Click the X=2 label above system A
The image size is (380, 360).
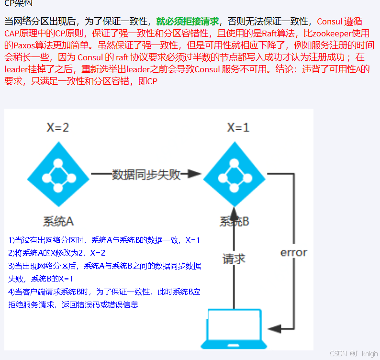click(x=57, y=127)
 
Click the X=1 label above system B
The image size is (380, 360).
click(x=238, y=127)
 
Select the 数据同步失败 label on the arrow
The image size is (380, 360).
click(x=146, y=174)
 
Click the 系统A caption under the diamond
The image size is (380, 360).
click(x=58, y=221)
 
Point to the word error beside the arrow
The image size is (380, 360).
click(x=293, y=252)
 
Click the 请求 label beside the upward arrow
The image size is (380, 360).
click(x=234, y=259)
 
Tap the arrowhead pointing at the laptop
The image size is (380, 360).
click(x=275, y=328)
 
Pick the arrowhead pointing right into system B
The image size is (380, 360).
click(x=193, y=174)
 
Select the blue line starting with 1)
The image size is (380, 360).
click(x=104, y=240)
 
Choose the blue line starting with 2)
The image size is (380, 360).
click(x=57, y=253)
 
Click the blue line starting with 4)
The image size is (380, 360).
click(x=104, y=292)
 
